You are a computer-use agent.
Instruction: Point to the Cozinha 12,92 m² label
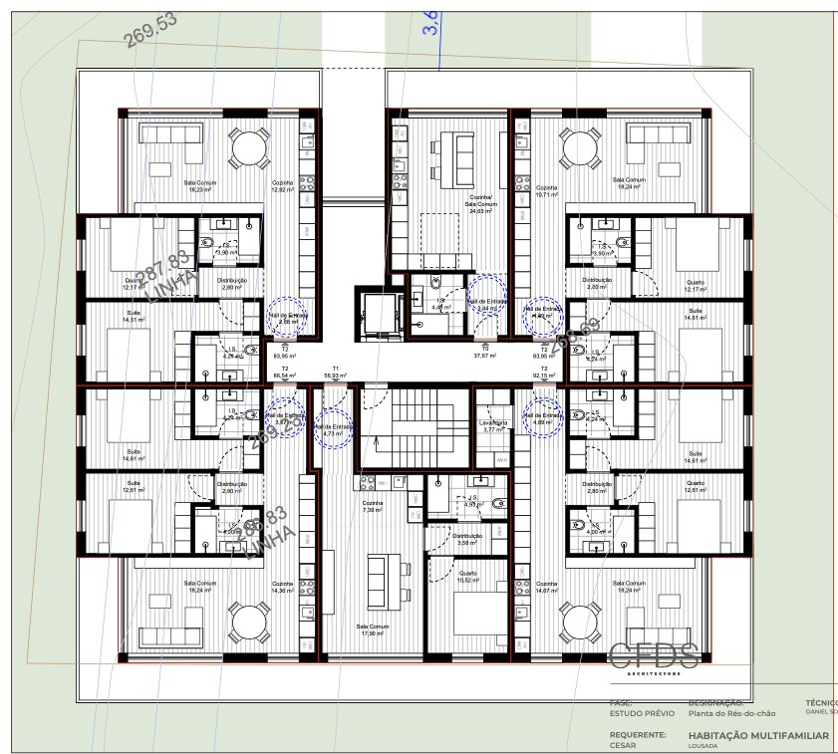[x=283, y=186]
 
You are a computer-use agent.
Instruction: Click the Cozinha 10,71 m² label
[x=546, y=191]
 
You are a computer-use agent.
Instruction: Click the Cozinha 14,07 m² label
[x=546, y=588]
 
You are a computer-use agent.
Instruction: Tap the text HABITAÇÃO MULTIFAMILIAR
[x=758, y=735]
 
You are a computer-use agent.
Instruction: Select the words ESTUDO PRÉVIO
[x=641, y=714]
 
